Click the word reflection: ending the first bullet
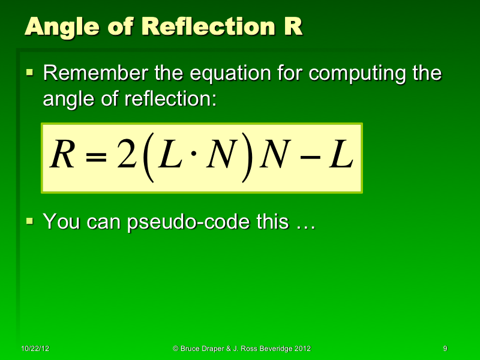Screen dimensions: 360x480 170,99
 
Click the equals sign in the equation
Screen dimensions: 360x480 95,158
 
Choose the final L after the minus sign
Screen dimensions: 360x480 339,157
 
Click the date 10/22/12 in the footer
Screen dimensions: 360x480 35,349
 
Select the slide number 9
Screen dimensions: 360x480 445,349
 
